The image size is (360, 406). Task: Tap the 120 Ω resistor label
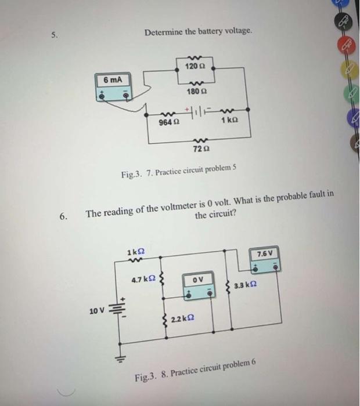pyautogui.click(x=192, y=67)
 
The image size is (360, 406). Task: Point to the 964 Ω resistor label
pyautogui.click(x=167, y=123)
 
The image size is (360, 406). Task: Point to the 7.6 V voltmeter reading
pyautogui.click(x=263, y=253)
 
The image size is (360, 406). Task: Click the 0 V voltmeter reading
pyautogui.click(x=197, y=281)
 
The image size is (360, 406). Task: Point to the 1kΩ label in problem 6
pyautogui.click(x=135, y=252)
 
